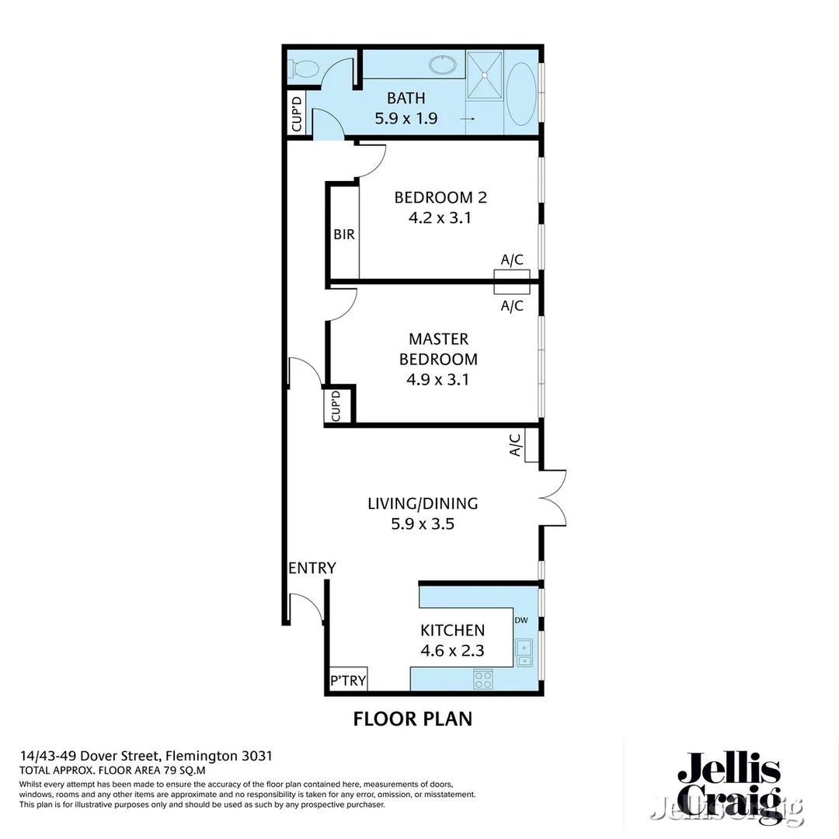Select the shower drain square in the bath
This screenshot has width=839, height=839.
click(485, 75)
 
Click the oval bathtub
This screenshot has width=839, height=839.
click(521, 92)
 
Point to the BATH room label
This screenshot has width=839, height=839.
click(406, 98)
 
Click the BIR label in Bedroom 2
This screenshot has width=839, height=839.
click(344, 234)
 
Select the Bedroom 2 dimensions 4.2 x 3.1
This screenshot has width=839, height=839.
click(440, 218)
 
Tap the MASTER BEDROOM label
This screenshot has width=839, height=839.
click(438, 350)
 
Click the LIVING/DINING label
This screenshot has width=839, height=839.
click(423, 503)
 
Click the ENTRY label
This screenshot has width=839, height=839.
click(312, 568)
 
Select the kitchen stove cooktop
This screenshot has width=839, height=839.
click(483, 680)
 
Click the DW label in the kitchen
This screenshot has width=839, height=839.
click(520, 620)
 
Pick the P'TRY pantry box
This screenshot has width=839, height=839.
click(348, 681)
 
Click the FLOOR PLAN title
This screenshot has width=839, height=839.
click(413, 719)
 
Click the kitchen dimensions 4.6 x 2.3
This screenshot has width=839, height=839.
click(452, 651)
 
